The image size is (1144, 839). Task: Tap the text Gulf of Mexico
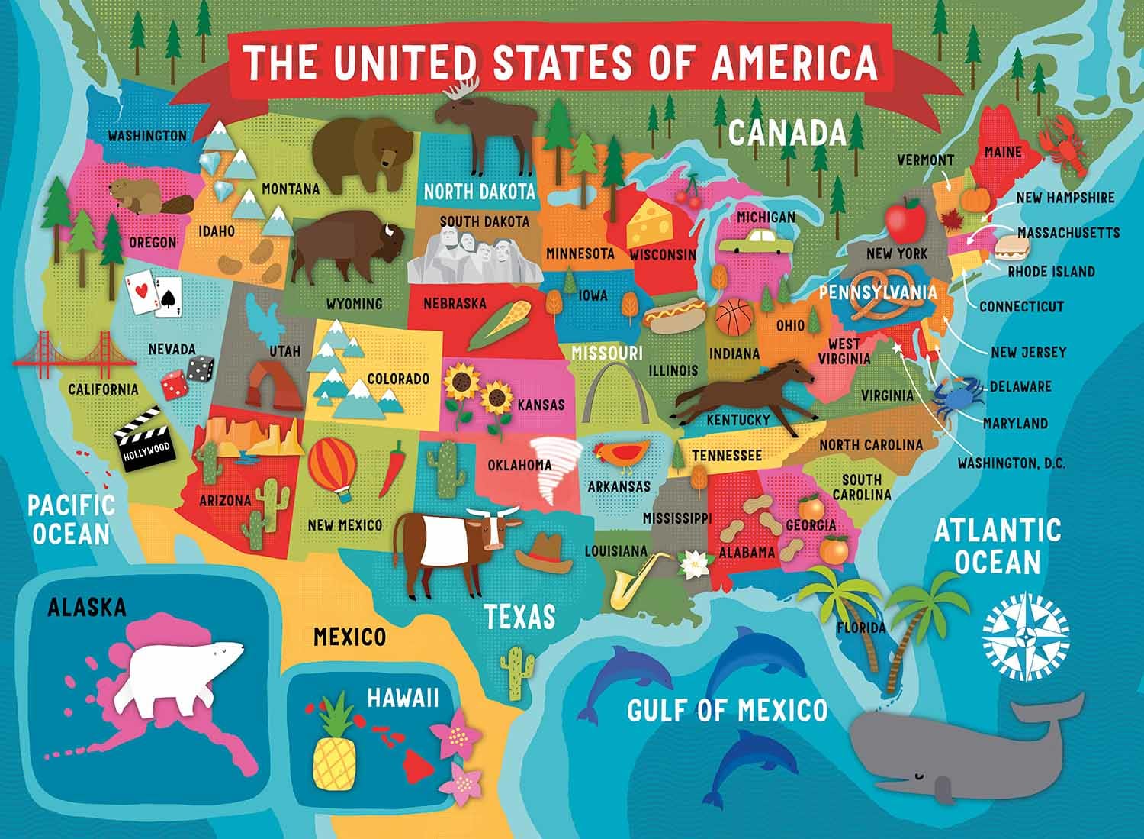[727, 711]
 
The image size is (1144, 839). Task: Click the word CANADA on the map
[787, 133]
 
